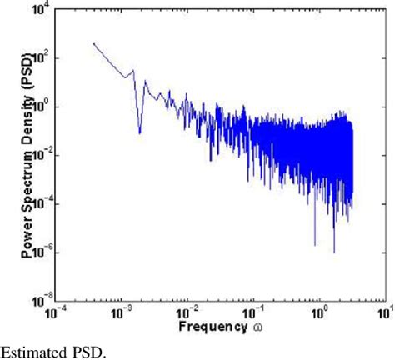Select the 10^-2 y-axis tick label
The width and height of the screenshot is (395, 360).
coord(37,155)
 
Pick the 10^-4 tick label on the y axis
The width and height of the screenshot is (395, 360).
coord(37,203)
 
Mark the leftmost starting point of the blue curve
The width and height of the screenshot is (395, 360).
coord(93,43)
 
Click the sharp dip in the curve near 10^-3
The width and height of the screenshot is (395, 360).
coord(139,132)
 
